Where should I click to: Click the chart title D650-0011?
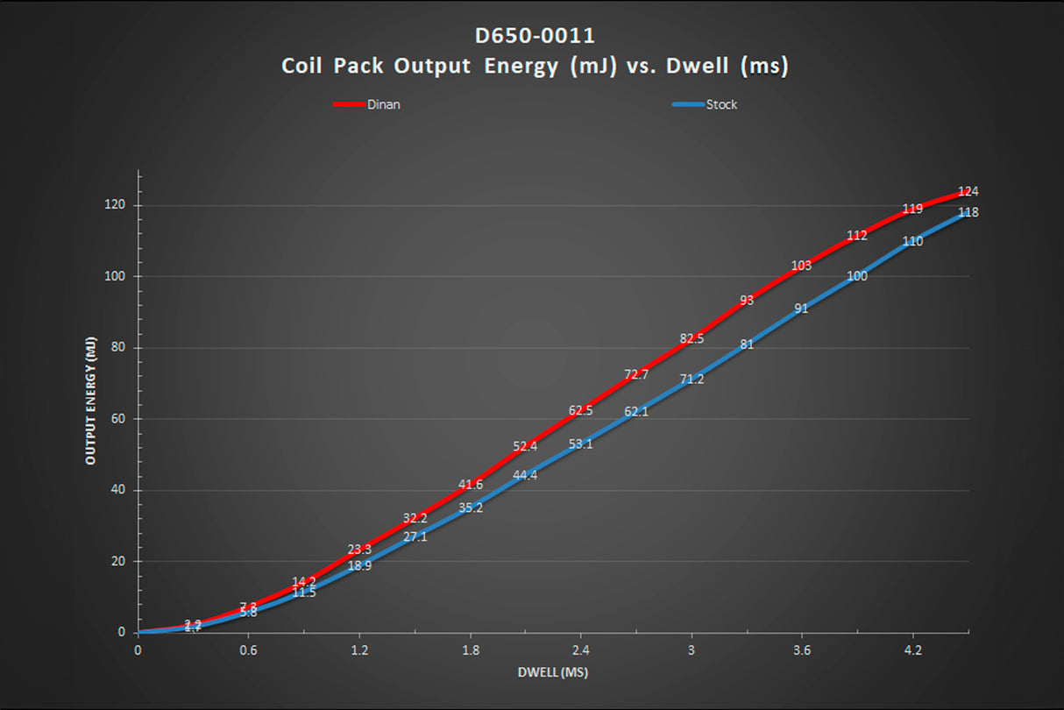[534, 37]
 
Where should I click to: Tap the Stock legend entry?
[721, 104]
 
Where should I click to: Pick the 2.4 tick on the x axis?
[580, 651]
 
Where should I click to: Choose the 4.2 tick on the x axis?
[912, 651]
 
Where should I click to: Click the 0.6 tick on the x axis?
[248, 651]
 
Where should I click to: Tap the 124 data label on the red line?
[968, 192]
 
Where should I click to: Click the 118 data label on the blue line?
[968, 212]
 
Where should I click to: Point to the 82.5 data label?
[692, 338]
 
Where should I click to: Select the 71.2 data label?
[692, 379]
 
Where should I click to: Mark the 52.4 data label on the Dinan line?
[525, 446]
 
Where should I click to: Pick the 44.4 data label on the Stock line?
[525, 475]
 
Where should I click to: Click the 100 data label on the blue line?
[857, 276]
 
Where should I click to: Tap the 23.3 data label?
[359, 550]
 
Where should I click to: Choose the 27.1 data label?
[415, 536]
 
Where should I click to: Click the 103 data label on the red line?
[801, 266]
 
